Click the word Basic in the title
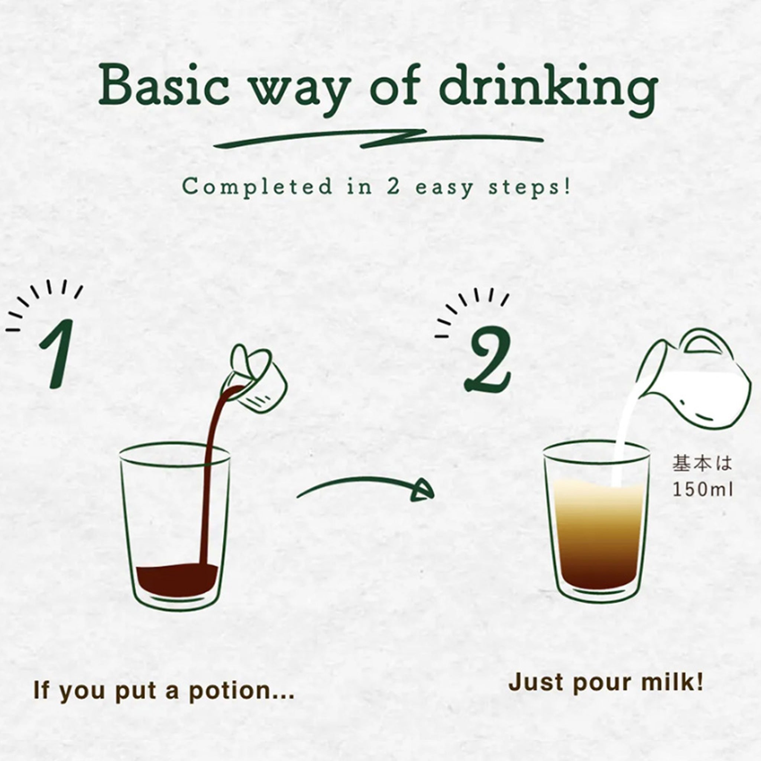(x=163, y=85)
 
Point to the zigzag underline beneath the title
(x=378, y=139)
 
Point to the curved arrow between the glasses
(x=365, y=488)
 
